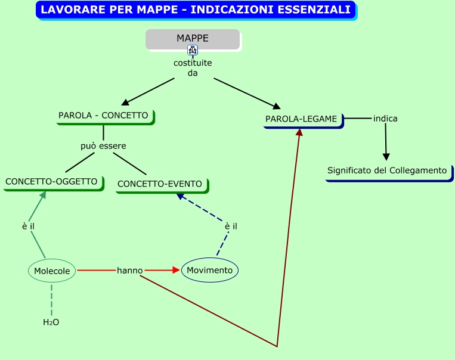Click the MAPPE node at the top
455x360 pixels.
point(193,39)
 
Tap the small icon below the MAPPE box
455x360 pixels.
point(193,50)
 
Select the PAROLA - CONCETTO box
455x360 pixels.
point(103,116)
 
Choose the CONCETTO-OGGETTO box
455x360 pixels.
point(51,182)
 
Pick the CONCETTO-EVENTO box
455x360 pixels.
point(160,184)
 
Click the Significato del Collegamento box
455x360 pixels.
point(387,171)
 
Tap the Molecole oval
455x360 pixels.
point(52,271)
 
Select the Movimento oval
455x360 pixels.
point(209,271)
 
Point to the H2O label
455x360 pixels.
point(51,322)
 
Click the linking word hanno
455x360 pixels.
point(129,271)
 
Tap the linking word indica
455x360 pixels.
point(385,119)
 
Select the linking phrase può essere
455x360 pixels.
point(103,145)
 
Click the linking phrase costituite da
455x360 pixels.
point(193,68)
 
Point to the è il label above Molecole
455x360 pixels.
point(29,226)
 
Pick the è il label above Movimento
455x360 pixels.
point(231,226)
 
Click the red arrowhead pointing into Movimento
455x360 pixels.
point(176,271)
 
